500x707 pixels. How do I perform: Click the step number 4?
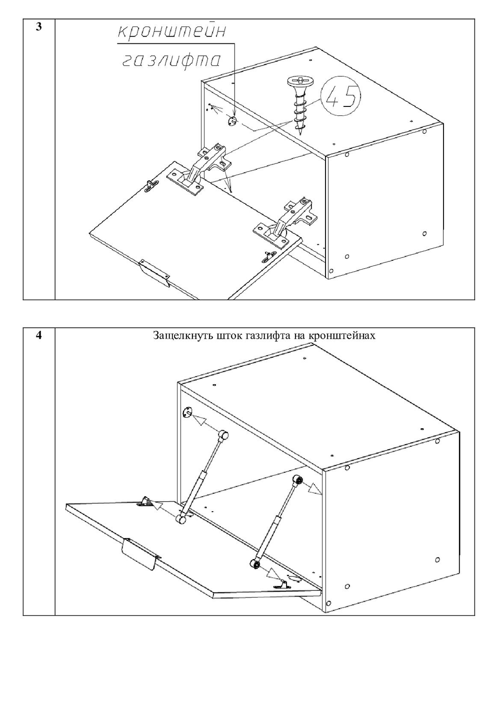(38, 335)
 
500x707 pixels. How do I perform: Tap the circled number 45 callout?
(340, 97)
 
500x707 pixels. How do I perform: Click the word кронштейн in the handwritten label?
(171, 31)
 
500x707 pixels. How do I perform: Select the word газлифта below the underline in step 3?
(171, 60)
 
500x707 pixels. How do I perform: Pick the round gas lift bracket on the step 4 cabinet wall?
(187, 413)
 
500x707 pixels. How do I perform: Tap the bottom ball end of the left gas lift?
(182, 520)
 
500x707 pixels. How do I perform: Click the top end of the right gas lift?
(298, 480)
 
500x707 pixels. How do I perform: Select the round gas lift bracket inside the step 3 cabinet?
(231, 121)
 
